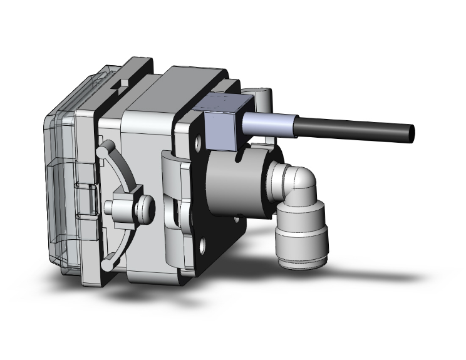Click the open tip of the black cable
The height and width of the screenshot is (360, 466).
(411, 132)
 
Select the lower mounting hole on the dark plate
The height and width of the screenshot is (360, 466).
(203, 244)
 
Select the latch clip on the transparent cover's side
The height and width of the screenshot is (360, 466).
(88, 200)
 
